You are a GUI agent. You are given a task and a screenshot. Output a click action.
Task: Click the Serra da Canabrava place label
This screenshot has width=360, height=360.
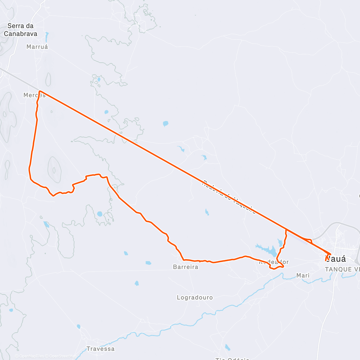click(20, 30)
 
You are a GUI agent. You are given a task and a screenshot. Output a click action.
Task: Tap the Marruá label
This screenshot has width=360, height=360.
click(37, 47)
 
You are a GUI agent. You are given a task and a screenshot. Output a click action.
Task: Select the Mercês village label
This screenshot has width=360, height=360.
click(34, 95)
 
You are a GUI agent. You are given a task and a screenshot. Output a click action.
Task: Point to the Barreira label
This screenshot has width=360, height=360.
click(185, 267)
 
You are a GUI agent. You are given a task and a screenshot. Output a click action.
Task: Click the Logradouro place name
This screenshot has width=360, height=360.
click(195, 298)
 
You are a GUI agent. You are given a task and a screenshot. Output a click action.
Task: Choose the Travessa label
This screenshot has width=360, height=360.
click(100, 349)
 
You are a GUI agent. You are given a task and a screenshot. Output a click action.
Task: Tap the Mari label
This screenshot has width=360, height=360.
click(303, 275)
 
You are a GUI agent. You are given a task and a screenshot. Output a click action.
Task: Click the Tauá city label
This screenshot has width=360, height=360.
click(336, 259)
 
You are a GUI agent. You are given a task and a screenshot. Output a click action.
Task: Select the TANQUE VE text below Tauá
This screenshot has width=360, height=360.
click(342, 269)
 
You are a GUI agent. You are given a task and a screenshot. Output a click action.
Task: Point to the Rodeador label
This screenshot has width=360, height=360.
click(274, 262)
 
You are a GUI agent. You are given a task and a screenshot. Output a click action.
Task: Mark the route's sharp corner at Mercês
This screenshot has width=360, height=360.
click(40, 91)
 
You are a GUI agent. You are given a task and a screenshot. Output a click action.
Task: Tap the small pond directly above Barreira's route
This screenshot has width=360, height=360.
click(207, 212)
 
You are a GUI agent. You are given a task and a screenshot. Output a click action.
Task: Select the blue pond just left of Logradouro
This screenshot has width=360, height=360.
click(137, 283)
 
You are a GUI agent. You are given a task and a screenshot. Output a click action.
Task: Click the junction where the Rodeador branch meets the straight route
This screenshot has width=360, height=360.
click(286, 229)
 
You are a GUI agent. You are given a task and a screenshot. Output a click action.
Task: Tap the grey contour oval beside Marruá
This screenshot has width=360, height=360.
click(48, 79)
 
